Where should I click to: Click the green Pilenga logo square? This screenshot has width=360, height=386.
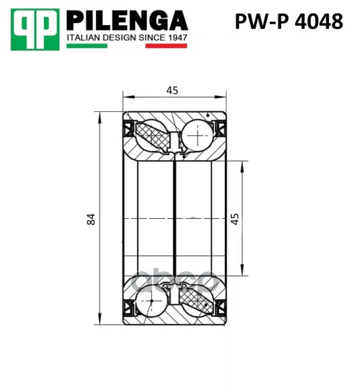point(35,30)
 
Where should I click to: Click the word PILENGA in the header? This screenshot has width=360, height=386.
point(127,21)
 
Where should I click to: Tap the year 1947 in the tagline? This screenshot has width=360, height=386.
point(178,38)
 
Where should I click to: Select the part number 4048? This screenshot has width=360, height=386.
point(319,21)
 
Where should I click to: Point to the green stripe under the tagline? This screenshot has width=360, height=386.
point(87,46)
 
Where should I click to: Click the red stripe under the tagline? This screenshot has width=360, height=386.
point(166,46)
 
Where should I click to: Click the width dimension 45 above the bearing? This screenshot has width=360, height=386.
point(172,90)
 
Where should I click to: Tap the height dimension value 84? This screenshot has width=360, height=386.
point(91,219)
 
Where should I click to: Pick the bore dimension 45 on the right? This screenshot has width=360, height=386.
point(234,219)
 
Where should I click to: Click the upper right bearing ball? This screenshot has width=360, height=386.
point(198,136)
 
